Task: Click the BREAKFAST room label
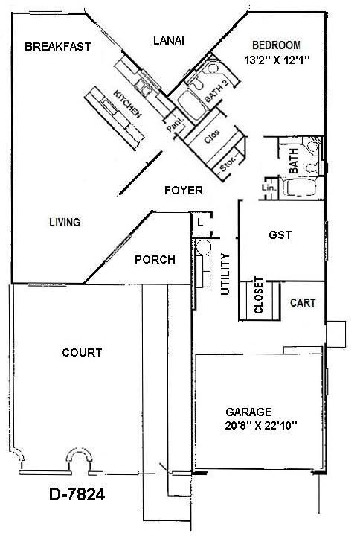[x=57, y=46]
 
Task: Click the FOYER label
[x=182, y=191]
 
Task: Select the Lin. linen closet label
[x=269, y=189]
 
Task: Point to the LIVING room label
[x=64, y=222]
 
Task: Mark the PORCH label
[x=155, y=260]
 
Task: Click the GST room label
[x=280, y=234]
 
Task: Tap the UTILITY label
[x=226, y=275]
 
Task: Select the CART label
[x=303, y=303]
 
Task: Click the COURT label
[x=82, y=352]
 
